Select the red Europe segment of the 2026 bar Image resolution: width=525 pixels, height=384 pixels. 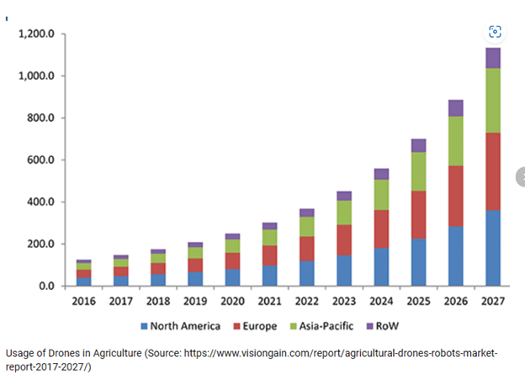(x=455, y=196)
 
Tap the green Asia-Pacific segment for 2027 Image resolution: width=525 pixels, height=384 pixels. (x=487, y=100)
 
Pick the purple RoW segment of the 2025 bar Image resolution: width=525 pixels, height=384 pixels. (x=418, y=145)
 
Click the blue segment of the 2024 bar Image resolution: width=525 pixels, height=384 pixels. (x=381, y=266)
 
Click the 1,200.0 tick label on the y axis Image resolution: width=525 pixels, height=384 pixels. (x=37, y=34)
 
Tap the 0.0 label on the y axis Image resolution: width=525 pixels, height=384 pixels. (x=47, y=287)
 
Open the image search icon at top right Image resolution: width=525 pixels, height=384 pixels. (x=495, y=32)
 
